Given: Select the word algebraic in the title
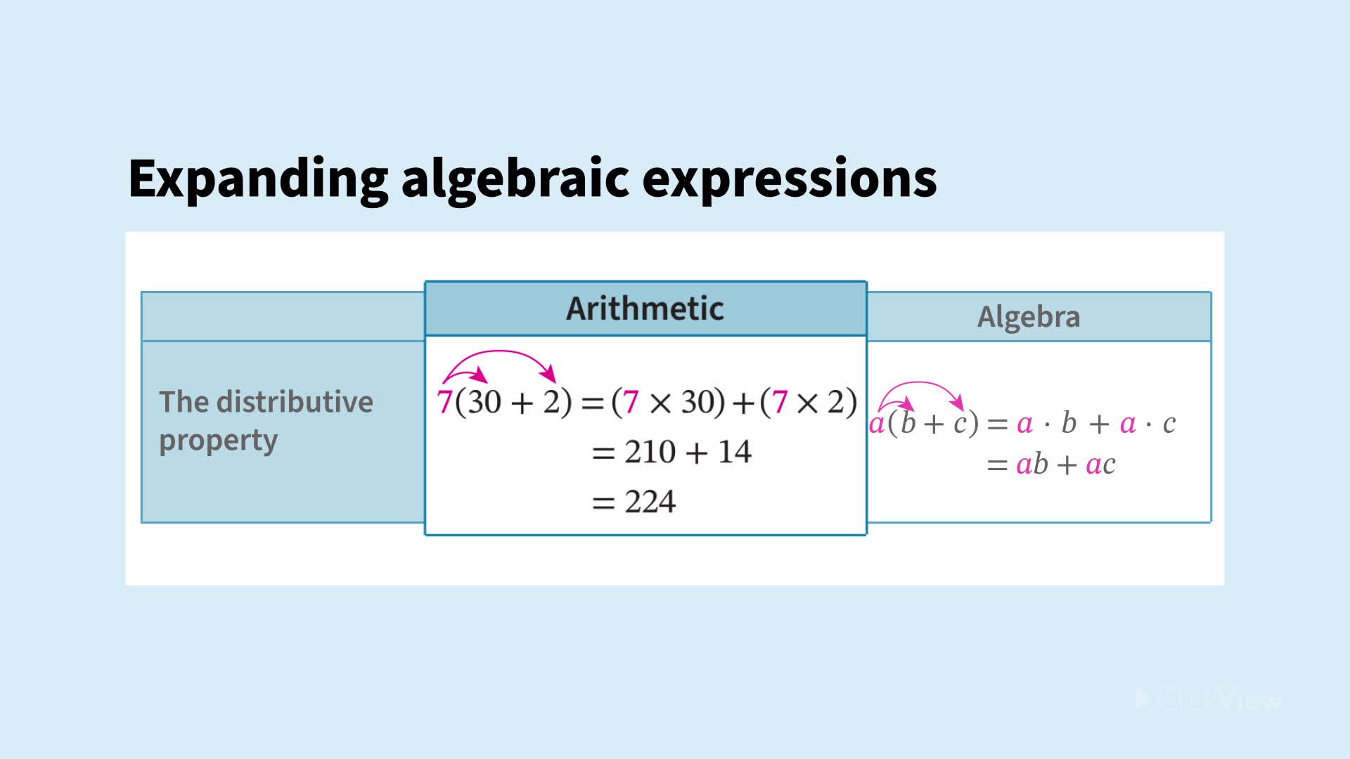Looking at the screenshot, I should [x=515, y=179].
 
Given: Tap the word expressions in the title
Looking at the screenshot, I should [x=789, y=179].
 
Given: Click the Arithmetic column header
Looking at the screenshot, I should [x=645, y=309].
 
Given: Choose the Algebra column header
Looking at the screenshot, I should [x=1028, y=317].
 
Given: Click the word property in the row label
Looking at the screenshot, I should [x=218, y=441].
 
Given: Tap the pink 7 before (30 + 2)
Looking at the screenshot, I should [x=444, y=403].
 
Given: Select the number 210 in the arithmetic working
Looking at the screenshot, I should [x=650, y=452].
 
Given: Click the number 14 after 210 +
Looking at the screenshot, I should [x=734, y=452].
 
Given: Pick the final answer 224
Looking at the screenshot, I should [x=650, y=502].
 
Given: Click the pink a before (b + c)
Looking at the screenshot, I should [x=876, y=424].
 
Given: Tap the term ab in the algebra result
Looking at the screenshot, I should [x=1031, y=465].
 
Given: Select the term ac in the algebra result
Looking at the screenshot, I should [x=1100, y=465].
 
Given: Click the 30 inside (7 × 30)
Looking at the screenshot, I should [x=698, y=403].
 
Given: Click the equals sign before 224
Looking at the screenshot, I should [x=603, y=502].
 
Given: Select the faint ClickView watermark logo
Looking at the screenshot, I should [x=1209, y=699].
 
